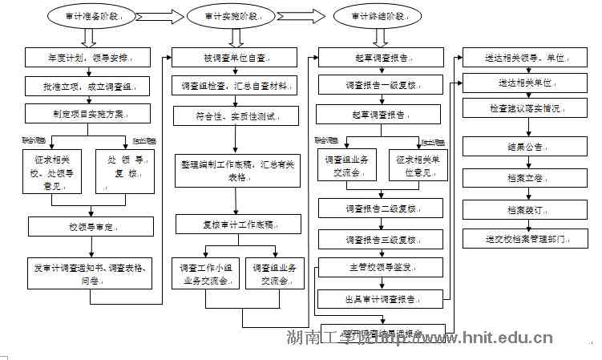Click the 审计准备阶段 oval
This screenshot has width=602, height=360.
pyautogui.click(x=88, y=17)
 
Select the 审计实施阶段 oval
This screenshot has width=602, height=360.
pyautogui.click(x=233, y=17)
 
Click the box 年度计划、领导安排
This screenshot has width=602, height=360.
pyautogui.click(x=87, y=59)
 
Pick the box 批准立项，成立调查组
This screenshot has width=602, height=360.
pyautogui.click(x=87, y=87)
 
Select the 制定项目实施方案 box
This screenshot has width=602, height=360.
pyautogui.click(x=87, y=113)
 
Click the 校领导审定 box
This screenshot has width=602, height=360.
pyautogui.click(x=87, y=228)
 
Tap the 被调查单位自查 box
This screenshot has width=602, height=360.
pyautogui.click(x=234, y=59)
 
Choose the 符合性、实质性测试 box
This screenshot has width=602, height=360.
pyautogui.click(x=234, y=116)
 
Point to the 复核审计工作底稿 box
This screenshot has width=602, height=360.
pyautogui.click(x=234, y=224)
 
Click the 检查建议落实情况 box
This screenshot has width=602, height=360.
pyautogui.click(x=525, y=107)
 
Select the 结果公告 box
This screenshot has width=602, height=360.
pyautogui.click(x=525, y=148)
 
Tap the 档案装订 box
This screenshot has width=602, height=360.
pyautogui.click(x=525, y=210)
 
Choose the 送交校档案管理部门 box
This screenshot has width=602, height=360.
pyautogui.click(x=525, y=239)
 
